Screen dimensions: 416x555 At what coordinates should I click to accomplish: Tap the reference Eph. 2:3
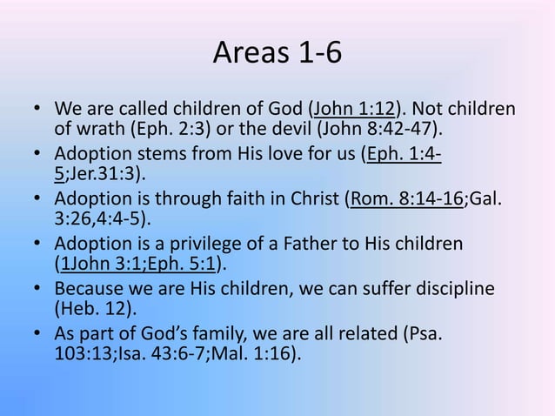(x=163, y=131)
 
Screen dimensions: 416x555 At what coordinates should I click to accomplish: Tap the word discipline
(x=465, y=287)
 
